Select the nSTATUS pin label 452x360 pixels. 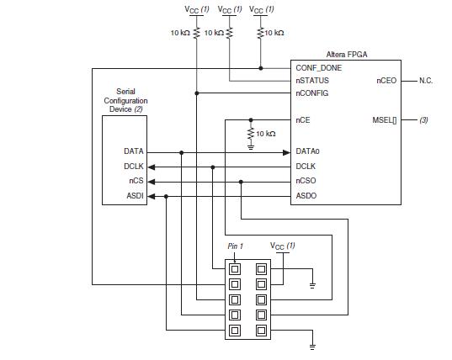(312, 81)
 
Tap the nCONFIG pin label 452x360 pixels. (312, 93)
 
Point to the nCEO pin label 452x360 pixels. (386, 81)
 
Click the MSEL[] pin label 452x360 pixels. (383, 120)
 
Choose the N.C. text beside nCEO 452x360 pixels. (426, 81)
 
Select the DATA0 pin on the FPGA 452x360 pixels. (307, 151)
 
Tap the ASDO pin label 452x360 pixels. (306, 196)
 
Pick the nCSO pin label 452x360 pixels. (306, 181)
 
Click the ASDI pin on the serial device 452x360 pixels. (134, 196)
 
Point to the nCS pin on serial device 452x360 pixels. (136, 181)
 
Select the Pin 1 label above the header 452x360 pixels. (237, 246)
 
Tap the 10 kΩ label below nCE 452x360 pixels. (264, 134)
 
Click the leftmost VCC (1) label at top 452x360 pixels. (197, 9)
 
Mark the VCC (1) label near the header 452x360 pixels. (282, 246)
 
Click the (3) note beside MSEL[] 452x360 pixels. (423, 120)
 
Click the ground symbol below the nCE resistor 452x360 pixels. (250, 146)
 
